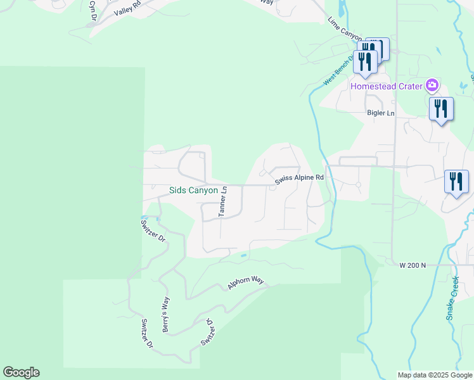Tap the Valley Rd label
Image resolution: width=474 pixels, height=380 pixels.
pos(127,9)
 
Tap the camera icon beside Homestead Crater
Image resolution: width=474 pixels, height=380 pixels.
pos(432,85)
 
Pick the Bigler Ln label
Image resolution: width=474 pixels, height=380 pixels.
pos(380,113)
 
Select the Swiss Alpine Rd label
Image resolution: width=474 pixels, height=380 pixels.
pos(299,180)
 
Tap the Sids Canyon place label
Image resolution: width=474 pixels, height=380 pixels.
pos(193,190)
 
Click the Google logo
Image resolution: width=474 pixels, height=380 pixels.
pos(21,372)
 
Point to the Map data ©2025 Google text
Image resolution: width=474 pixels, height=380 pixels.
pos(434,375)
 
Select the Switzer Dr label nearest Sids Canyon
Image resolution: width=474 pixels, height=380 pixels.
pos(152,231)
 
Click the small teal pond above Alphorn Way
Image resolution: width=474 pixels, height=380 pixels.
pos(243,256)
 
